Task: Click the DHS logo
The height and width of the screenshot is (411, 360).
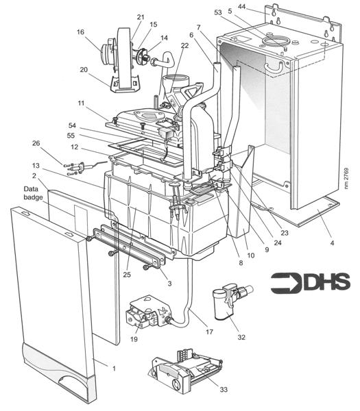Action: click(x=310, y=283)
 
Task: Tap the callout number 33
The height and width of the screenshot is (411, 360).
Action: click(x=224, y=390)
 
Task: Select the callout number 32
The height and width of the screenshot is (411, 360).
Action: click(x=241, y=337)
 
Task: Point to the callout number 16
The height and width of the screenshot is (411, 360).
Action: click(x=80, y=32)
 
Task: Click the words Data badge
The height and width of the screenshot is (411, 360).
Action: click(x=33, y=193)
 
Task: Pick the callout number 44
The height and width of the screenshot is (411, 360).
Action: click(x=241, y=6)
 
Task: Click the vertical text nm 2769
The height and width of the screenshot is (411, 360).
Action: click(x=346, y=178)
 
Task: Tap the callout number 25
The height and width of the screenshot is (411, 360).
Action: click(x=127, y=275)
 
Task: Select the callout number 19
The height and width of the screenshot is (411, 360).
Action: click(x=134, y=339)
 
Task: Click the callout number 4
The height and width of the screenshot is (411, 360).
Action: click(x=332, y=243)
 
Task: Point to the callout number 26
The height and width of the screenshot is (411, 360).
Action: click(x=36, y=143)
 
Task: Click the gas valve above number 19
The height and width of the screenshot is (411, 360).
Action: click(x=148, y=312)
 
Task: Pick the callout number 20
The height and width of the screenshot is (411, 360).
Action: click(x=84, y=70)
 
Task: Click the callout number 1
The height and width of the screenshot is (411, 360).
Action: click(x=114, y=369)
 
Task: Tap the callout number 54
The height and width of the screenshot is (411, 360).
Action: click(x=72, y=125)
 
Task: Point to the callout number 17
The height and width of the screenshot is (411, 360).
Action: click(x=209, y=332)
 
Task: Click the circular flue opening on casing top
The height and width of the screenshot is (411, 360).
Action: click(x=275, y=42)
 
